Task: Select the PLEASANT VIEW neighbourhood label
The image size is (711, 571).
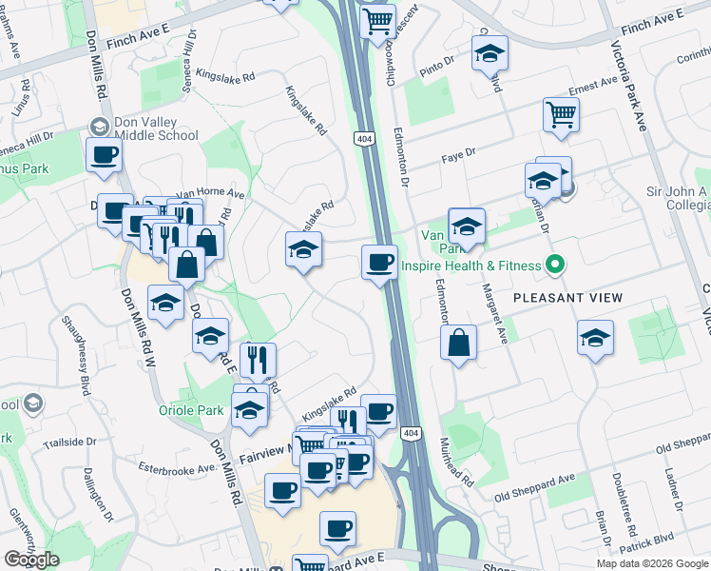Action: pyautogui.click(x=567, y=298)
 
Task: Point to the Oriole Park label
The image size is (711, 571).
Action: pyautogui.click(x=190, y=411)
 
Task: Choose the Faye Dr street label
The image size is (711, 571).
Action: pyautogui.click(x=457, y=152)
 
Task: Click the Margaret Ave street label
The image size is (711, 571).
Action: pyautogui.click(x=501, y=313)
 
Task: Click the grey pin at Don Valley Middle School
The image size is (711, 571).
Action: pyautogui.click(x=98, y=127)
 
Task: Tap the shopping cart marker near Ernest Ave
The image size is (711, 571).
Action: pyautogui.click(x=561, y=113)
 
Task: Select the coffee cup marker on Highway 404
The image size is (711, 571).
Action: pyautogui.click(x=379, y=261)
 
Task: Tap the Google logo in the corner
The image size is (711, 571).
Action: pyautogui.click(x=31, y=560)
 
